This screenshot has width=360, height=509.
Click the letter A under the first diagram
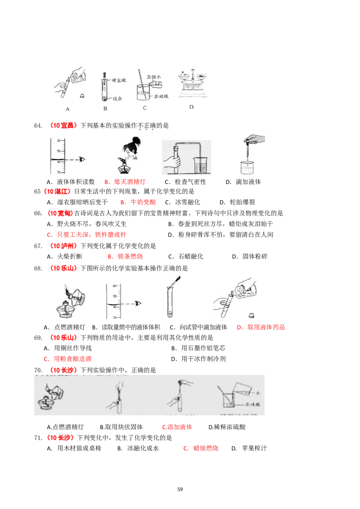67,108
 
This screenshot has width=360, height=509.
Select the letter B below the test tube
105,108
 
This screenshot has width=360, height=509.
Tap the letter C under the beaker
144,108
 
